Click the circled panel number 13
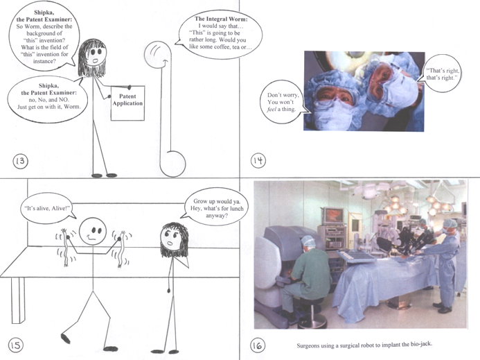[x=20, y=161]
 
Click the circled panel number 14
[x=258, y=161]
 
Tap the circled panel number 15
[x=15, y=345]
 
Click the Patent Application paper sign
[x=127, y=103]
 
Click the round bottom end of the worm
[x=172, y=164]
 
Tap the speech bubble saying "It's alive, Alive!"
[x=48, y=208]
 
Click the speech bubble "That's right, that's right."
[x=443, y=74]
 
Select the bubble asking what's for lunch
[x=216, y=207]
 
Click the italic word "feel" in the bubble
[x=272, y=109]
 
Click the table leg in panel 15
[x=18, y=300]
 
